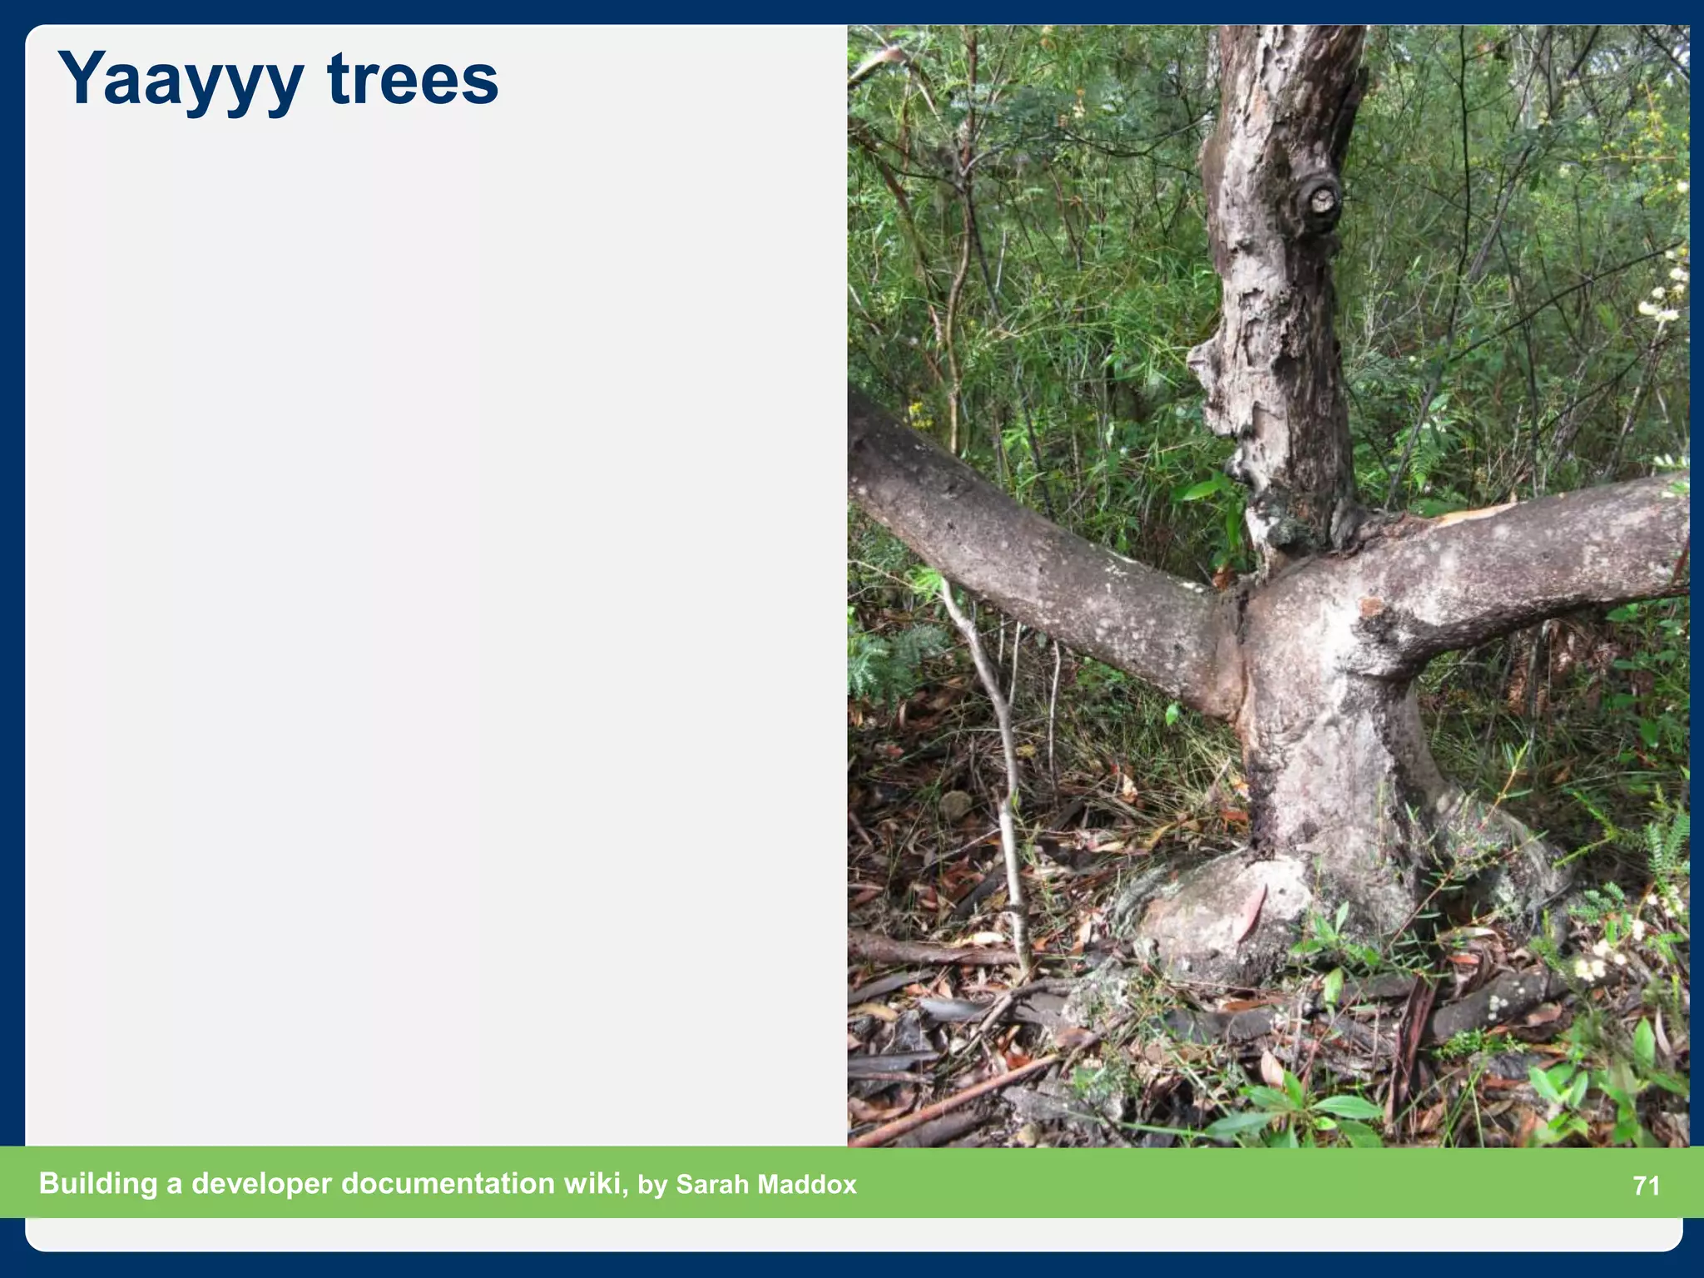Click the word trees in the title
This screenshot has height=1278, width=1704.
click(413, 80)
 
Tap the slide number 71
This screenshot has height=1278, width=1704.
click(1647, 1185)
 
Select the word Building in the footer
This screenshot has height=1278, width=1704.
click(98, 1183)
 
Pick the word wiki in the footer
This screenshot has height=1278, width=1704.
click(594, 1183)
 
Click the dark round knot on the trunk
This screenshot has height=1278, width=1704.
click(1319, 200)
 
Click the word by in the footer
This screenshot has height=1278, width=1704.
click(652, 1185)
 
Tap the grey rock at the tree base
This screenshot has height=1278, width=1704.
click(1223, 915)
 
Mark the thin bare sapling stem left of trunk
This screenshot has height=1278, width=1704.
click(998, 749)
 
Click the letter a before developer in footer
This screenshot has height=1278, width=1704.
click(174, 1185)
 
